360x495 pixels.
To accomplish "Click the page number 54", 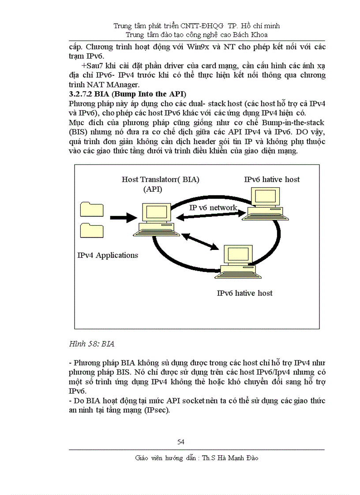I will coord(180,442).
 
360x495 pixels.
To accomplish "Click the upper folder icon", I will coord(91,210).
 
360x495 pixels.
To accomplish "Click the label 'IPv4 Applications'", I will coord(108,255).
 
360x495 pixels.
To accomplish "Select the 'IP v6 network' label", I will coord(213,208).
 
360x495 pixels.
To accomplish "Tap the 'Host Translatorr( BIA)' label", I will coord(161,179).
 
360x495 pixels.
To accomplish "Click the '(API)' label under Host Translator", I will coord(153,190).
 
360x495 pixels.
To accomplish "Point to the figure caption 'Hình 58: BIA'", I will coord(92,344).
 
